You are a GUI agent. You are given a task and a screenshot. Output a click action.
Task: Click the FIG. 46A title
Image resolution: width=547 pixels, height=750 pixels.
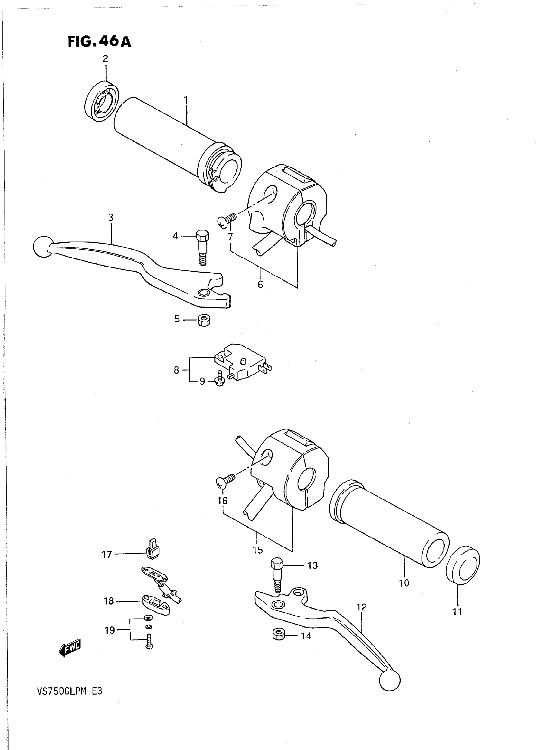tap(99, 42)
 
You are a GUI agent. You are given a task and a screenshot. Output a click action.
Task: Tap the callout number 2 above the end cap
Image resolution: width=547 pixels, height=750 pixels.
tap(105, 59)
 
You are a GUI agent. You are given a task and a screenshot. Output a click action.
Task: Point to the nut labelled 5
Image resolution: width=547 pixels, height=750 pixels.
tap(204, 320)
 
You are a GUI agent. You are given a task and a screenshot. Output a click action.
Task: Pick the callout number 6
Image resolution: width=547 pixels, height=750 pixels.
tap(260, 285)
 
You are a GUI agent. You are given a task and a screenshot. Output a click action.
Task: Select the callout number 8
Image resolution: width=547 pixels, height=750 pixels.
tap(176, 370)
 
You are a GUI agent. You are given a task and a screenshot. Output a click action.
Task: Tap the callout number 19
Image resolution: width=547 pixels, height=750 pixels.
tap(110, 630)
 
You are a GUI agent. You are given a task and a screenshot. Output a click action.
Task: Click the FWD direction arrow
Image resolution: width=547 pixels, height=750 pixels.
tap(70, 648)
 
